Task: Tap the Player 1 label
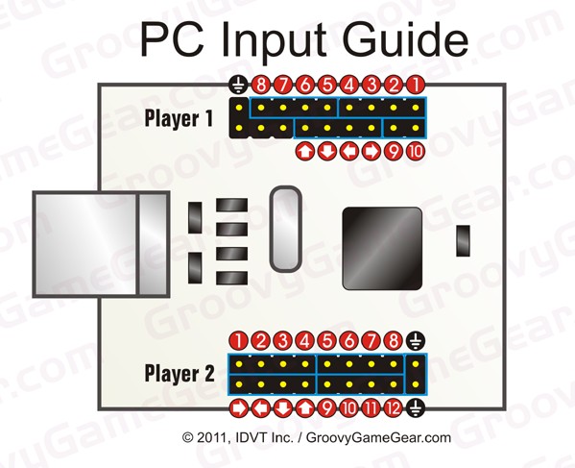tap(179, 118)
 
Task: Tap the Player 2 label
tap(180, 373)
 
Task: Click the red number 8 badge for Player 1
tap(261, 86)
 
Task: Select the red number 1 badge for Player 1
tap(416, 86)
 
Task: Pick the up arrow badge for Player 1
tap(304, 152)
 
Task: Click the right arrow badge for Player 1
tap(371, 152)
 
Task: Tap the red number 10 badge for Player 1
tap(416, 152)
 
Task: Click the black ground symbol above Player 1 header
tap(239, 86)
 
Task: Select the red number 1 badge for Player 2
tap(239, 341)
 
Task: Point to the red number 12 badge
tap(394, 408)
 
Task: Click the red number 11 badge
tap(371, 408)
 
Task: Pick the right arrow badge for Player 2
tap(239, 408)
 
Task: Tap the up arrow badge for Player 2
tap(304, 408)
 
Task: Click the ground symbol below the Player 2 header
tap(416, 408)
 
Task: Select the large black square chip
tap(382, 249)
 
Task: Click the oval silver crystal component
tap(286, 229)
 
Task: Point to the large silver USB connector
tap(101, 244)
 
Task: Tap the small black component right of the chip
tap(463, 241)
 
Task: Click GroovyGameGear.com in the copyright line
tap(378, 437)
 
